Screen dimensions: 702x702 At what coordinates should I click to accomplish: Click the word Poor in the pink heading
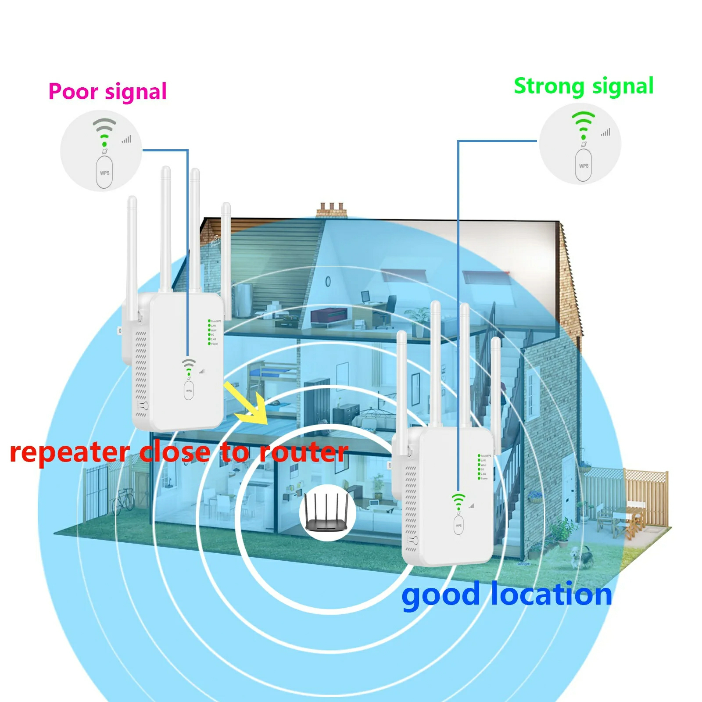pyautogui.click(x=73, y=92)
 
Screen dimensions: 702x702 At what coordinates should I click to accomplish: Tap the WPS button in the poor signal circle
pyautogui.click(x=104, y=172)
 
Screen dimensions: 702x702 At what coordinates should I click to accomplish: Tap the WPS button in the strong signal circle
pyautogui.click(x=584, y=165)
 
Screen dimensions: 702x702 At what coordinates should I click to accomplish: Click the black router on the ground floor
pyautogui.click(x=327, y=512)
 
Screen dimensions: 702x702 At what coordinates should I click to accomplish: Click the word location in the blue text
pyautogui.click(x=551, y=595)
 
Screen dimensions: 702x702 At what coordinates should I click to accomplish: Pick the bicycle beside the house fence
pyautogui.click(x=123, y=500)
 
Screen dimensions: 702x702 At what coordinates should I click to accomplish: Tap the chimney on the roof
pyautogui.click(x=332, y=210)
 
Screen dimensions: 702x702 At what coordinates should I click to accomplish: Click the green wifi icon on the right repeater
pyautogui.click(x=458, y=501)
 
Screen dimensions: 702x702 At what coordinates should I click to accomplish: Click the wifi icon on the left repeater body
pyautogui.click(x=189, y=366)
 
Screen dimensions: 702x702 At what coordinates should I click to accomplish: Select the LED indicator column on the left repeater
pyautogui.click(x=210, y=332)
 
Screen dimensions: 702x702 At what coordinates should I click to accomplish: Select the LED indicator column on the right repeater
pyautogui.click(x=480, y=467)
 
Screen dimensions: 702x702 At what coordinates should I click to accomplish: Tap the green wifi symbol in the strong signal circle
pyautogui.click(x=584, y=124)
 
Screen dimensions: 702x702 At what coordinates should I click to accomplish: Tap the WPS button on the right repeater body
pyautogui.click(x=458, y=525)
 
